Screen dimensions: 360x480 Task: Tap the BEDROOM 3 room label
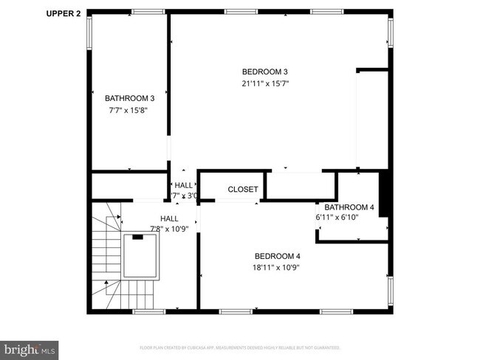pos(264,72)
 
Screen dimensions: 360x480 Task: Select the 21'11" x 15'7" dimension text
pos(264,83)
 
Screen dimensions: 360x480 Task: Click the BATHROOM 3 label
pos(129,98)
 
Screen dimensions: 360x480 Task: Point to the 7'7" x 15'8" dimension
pos(129,110)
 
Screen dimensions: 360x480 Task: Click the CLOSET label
pos(243,190)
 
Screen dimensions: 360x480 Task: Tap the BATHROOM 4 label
pos(349,207)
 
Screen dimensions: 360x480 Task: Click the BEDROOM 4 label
pos(276,256)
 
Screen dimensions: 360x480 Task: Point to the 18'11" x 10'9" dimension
pos(276,268)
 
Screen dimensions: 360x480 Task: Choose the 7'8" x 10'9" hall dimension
pos(170,229)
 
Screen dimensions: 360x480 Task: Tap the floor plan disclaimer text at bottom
pos(240,347)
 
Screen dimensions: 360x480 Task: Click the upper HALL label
pos(183,185)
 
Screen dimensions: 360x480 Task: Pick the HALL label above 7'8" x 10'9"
pos(170,218)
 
